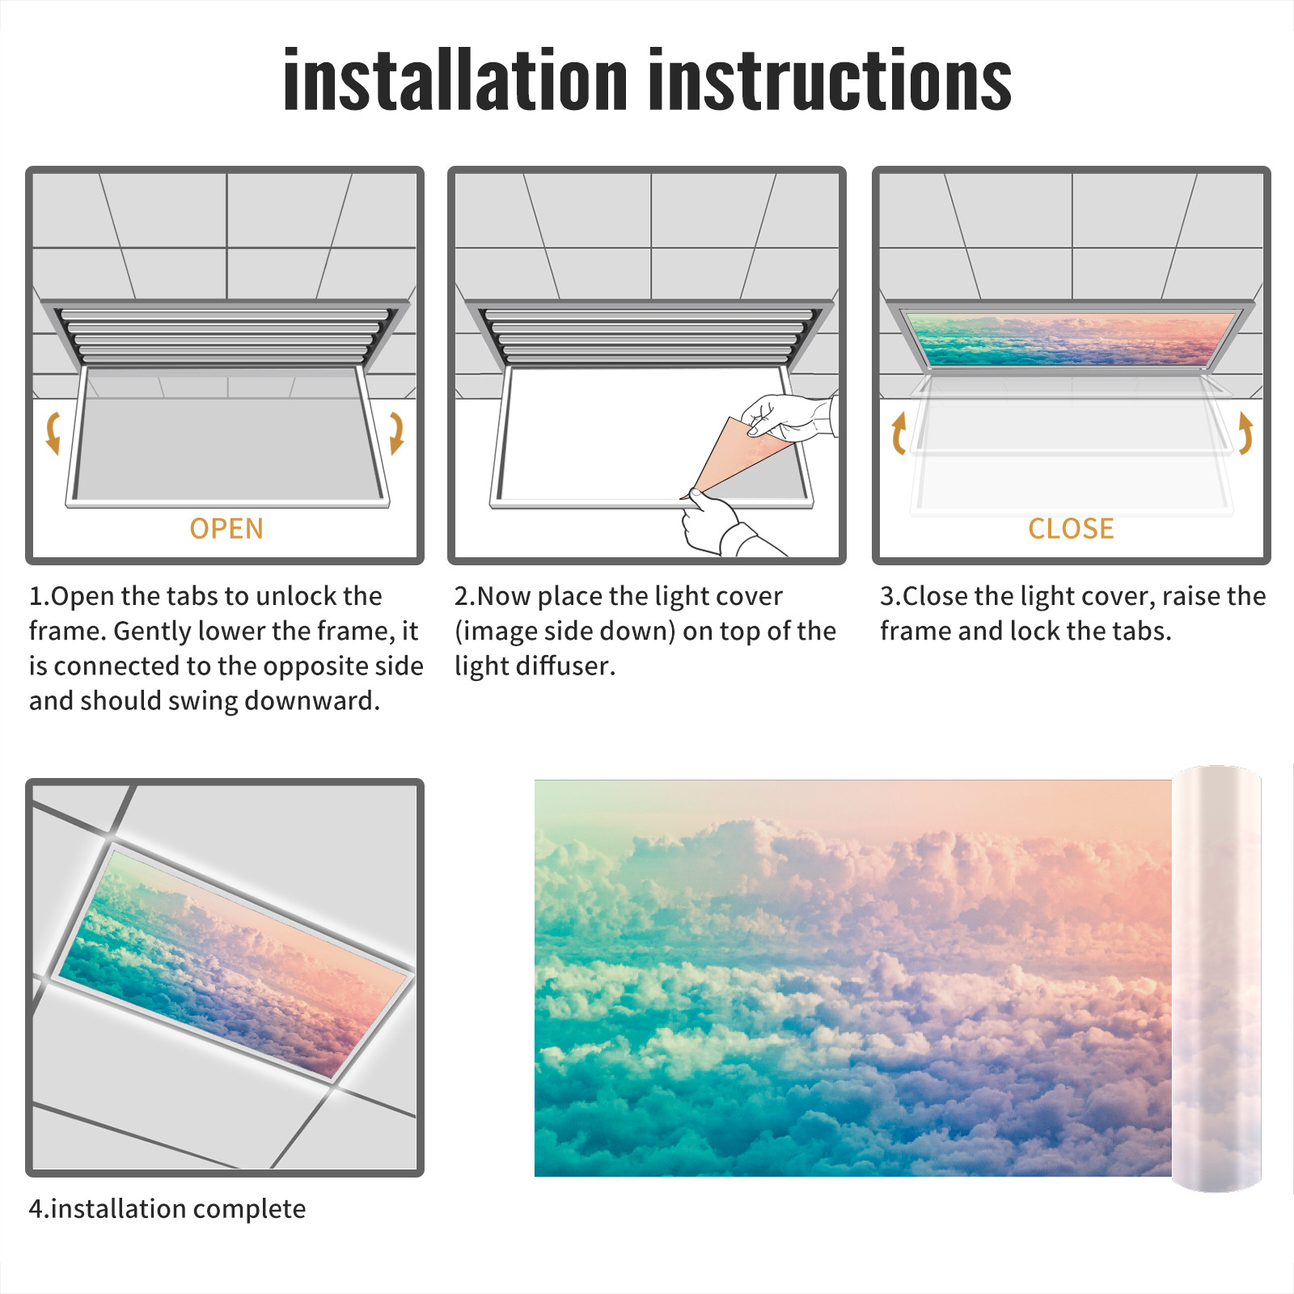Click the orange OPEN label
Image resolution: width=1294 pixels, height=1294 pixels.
226,529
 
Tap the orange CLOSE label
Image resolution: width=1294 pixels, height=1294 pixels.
1071,529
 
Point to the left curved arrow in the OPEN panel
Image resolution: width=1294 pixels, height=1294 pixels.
53,433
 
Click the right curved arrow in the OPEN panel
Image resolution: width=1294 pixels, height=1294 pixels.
396,433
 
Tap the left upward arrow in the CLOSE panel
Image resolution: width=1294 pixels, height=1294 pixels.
898,433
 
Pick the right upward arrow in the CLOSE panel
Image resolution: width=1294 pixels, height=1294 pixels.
1245,433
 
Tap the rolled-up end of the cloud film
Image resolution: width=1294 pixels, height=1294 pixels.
1216,979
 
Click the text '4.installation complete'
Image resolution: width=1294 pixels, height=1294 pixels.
167,1208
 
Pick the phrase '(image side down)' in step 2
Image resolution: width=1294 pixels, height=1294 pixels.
565,631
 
